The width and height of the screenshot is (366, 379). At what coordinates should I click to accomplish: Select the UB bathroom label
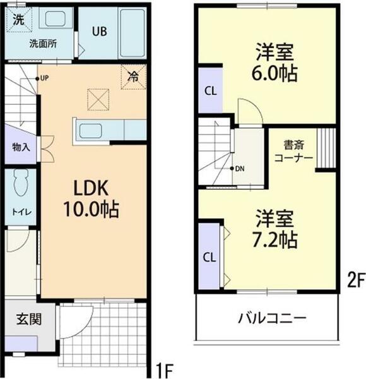pyautogui.click(x=98, y=32)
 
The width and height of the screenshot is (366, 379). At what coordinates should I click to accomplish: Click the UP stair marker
pyautogui.click(x=44, y=78)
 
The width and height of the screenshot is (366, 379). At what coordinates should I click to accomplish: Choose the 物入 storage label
pyautogui.click(x=20, y=147)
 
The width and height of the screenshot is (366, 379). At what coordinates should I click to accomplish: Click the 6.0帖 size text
pyautogui.click(x=276, y=73)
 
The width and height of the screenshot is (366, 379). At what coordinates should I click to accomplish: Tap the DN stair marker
pyautogui.click(x=239, y=169)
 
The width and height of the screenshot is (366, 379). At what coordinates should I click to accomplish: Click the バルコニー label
pyautogui.click(x=272, y=316)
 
